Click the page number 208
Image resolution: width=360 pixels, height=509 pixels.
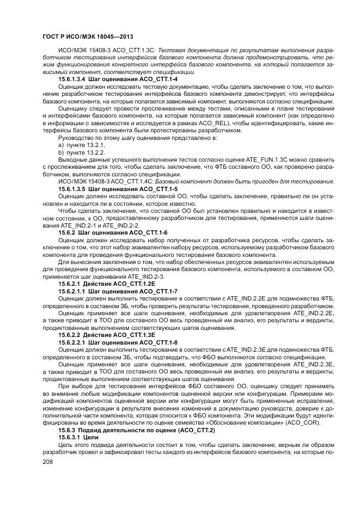click(47, 460)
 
